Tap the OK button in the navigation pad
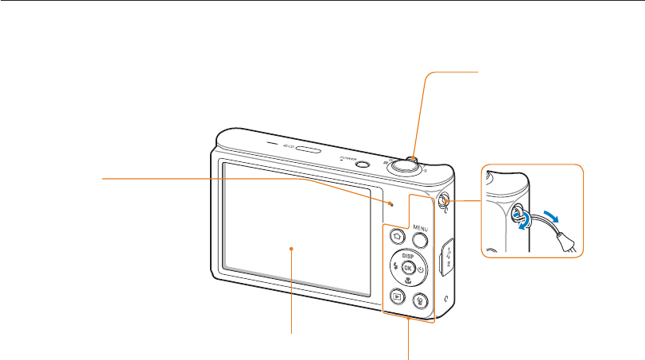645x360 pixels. click(x=409, y=269)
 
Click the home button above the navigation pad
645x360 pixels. click(x=395, y=238)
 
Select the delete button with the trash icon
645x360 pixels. click(x=420, y=300)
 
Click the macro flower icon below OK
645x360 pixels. click(x=409, y=282)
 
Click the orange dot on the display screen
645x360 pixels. click(x=292, y=249)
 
